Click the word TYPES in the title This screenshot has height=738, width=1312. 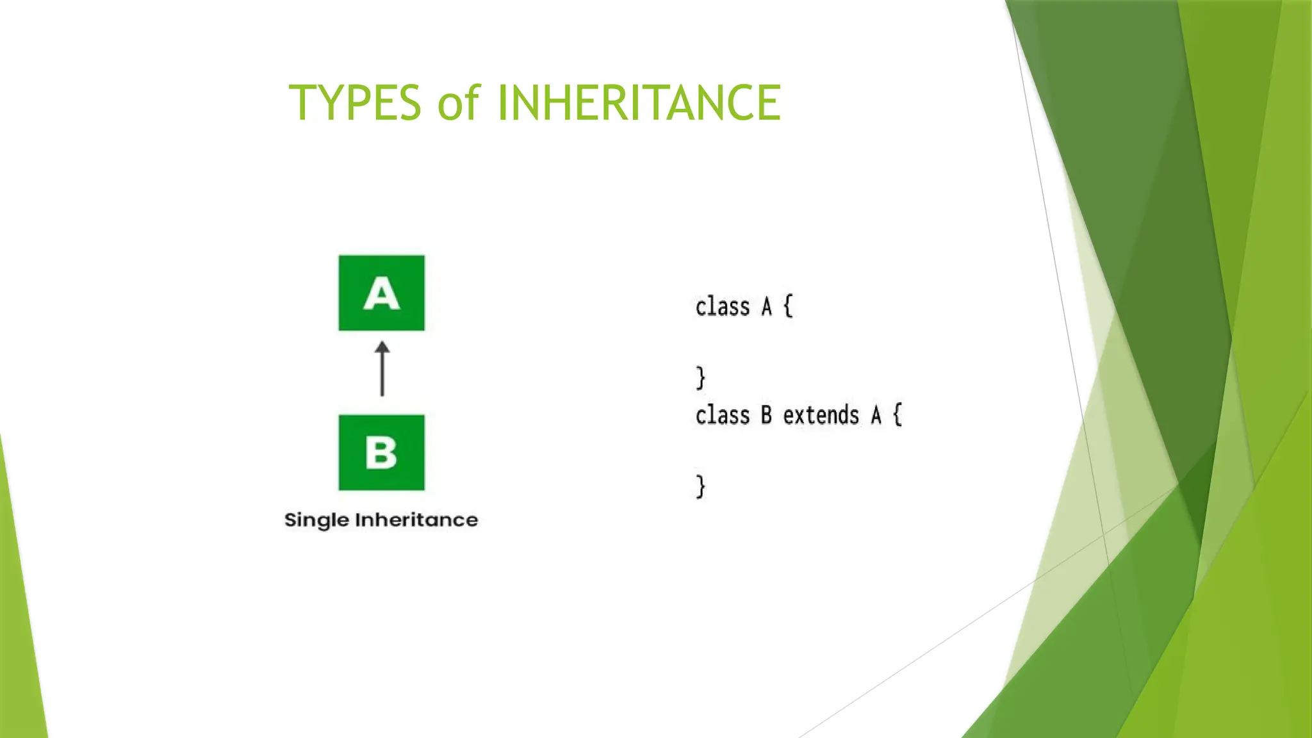coord(355,102)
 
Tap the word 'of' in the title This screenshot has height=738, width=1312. coord(459,102)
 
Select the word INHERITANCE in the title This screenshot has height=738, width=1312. coord(639,102)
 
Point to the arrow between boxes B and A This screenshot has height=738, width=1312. coord(382,375)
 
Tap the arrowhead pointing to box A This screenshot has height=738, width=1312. coord(382,348)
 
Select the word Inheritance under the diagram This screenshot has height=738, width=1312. coord(416,520)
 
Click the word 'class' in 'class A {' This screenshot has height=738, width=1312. coord(723,307)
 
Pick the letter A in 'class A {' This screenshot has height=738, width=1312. coord(767,307)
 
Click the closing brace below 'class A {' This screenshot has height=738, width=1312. coord(701,378)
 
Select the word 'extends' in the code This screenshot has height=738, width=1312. coord(821,416)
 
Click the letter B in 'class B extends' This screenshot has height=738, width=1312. coord(767,416)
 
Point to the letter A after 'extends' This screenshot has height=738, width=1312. coord(876,416)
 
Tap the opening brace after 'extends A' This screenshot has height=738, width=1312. coord(898,415)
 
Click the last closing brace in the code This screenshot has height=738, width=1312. coord(701,487)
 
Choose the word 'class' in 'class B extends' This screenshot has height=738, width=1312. coord(723,416)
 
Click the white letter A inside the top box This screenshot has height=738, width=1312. coord(382,295)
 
